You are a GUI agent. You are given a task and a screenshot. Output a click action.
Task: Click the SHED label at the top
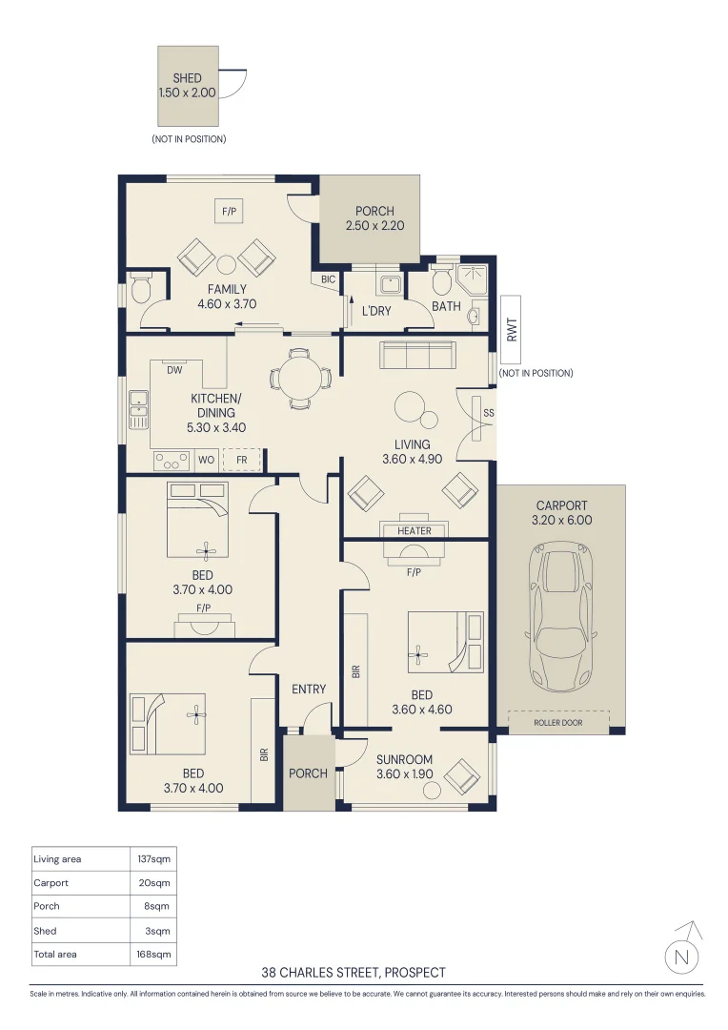(187, 78)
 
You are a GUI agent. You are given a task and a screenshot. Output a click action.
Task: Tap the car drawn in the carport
(560, 617)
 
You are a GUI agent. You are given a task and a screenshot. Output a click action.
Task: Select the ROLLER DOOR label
(558, 723)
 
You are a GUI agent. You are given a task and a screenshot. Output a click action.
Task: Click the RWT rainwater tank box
(511, 330)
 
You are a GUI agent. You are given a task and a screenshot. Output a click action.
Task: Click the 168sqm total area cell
(153, 954)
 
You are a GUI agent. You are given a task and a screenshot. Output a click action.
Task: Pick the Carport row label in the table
(51, 883)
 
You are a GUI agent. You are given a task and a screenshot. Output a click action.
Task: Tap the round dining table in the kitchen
(301, 379)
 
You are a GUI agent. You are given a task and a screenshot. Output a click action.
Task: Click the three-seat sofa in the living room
(417, 356)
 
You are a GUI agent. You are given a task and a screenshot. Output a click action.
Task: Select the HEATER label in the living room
(415, 531)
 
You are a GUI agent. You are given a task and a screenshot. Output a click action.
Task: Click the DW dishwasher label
(174, 370)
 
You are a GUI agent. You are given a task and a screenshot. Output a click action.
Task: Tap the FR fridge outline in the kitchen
(242, 460)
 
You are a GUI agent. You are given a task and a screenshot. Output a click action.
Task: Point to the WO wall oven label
(206, 460)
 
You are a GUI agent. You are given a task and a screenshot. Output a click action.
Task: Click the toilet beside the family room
(140, 288)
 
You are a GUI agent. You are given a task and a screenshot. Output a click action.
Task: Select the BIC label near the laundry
(328, 279)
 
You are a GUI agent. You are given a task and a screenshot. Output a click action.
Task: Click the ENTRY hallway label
(309, 690)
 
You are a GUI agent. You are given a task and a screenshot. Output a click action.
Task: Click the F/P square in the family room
(229, 212)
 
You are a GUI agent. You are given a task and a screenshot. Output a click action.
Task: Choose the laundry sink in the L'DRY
(390, 284)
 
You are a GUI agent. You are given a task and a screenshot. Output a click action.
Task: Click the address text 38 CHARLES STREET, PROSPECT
(354, 972)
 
